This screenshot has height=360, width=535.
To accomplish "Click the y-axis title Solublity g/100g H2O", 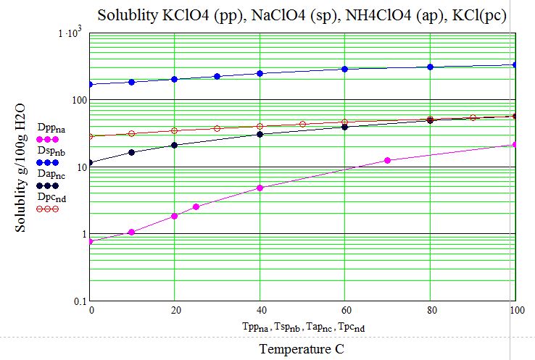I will coord(21,167).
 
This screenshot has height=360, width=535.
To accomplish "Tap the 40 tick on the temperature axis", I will coord(260,311).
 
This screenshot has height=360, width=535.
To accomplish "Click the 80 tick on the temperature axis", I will coord(430,311).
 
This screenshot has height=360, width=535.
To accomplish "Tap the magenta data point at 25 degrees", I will coord(196,207).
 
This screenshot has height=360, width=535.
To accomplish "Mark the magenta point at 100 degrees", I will coord(515,145).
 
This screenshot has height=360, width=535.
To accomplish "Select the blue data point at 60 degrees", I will coord(345,69).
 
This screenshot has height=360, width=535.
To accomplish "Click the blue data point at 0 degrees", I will coord(90,84).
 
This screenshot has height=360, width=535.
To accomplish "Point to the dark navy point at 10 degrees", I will coord(132,152).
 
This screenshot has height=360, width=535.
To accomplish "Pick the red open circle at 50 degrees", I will coord(303,124).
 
